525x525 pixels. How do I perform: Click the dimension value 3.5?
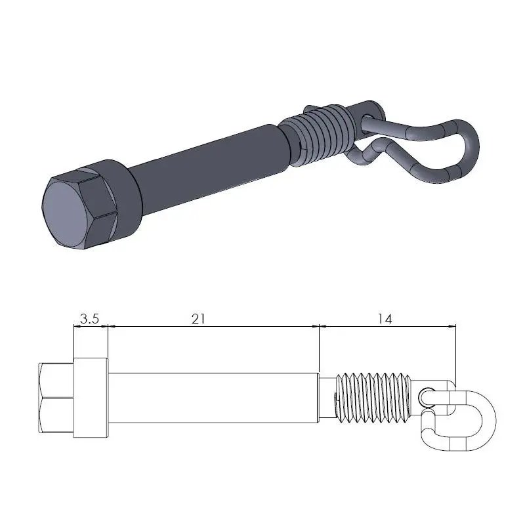89,319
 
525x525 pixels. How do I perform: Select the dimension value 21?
199,318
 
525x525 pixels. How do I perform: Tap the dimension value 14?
385,318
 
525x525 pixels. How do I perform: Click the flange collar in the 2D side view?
91,398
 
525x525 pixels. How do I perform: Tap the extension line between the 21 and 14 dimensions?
319,348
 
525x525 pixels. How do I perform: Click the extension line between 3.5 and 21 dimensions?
108,341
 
